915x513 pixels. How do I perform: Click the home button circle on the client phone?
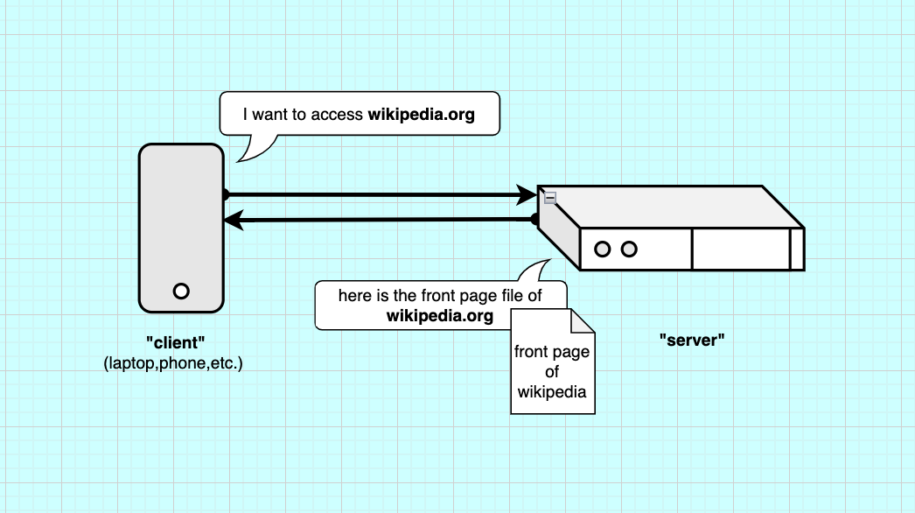coord(181,291)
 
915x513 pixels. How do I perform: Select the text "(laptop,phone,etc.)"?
coord(172,362)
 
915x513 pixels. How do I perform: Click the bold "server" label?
coord(693,341)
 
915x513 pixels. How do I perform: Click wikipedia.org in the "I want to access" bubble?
coord(421,115)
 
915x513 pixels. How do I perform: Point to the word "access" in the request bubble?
coord(337,115)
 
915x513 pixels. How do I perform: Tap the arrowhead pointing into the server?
coord(527,193)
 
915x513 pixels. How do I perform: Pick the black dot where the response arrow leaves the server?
coord(535,220)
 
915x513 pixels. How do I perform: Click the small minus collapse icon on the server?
coord(549,199)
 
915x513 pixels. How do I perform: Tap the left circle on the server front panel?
coord(602,249)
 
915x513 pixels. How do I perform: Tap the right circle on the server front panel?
coord(628,249)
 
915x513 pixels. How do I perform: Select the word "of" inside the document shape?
coord(552,372)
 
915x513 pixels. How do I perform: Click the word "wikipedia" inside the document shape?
coord(552,391)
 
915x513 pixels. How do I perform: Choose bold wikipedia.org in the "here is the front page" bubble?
coord(440,315)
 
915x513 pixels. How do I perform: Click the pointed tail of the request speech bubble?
coord(244,156)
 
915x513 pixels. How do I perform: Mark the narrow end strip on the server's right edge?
coord(797,249)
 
